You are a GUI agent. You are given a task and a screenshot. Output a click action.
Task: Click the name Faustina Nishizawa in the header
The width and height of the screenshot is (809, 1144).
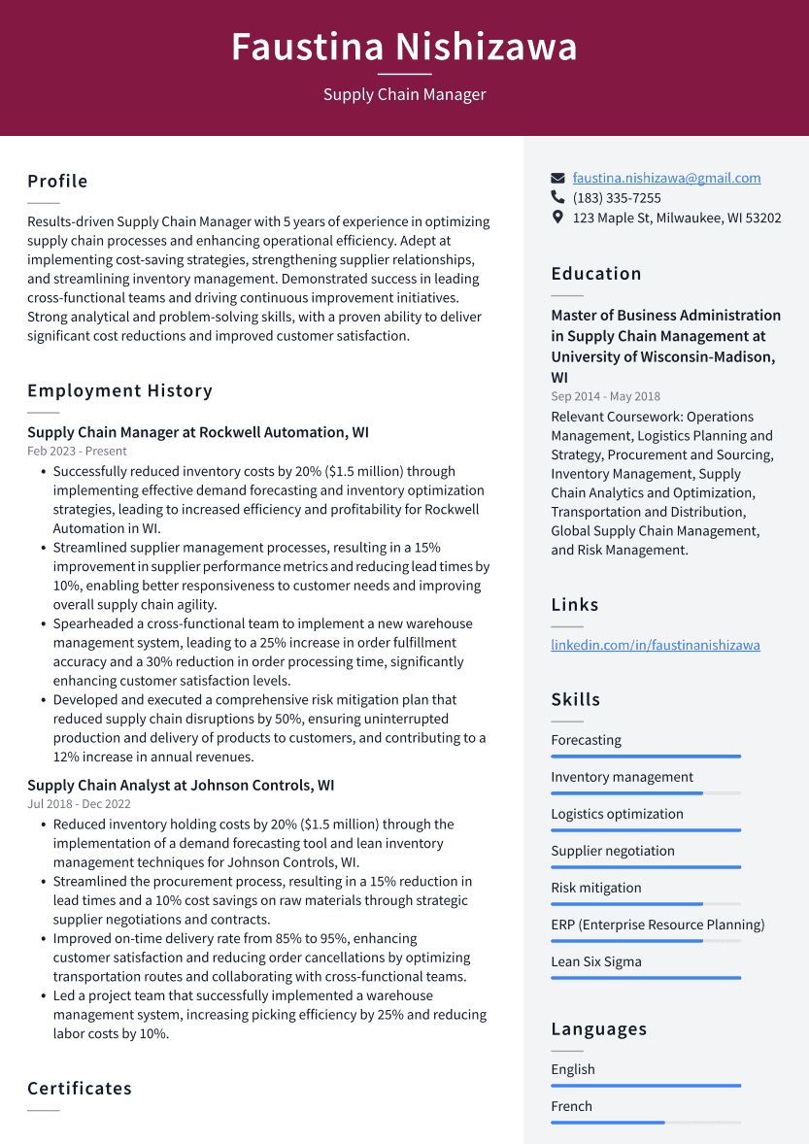[404, 47]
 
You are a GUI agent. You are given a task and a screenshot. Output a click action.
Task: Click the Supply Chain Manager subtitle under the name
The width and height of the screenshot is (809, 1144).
[404, 94]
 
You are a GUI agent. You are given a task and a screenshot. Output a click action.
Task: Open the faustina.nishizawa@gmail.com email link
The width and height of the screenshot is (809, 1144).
[666, 178]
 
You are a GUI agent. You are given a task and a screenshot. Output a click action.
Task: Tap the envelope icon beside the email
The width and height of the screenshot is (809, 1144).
[557, 178]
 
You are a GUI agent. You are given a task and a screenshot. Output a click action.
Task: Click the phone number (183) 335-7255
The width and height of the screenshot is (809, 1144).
[617, 198]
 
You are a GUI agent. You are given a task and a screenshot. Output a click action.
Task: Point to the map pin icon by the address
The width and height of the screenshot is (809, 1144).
[557, 218]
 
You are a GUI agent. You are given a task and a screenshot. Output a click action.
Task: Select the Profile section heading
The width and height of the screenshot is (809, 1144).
[57, 182]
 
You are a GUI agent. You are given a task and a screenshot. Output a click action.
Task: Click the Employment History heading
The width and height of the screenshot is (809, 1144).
[119, 391]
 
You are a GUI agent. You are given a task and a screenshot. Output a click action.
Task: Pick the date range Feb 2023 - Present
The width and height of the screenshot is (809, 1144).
[77, 451]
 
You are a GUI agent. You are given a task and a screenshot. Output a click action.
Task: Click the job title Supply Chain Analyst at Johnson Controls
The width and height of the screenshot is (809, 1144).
[181, 786]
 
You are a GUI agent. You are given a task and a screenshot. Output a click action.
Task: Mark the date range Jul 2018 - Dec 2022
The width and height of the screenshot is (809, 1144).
[79, 804]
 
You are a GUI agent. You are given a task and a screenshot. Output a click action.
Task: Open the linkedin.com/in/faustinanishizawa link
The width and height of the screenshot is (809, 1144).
[656, 645]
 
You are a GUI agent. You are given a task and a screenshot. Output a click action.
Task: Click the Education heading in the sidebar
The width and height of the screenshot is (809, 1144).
[596, 274]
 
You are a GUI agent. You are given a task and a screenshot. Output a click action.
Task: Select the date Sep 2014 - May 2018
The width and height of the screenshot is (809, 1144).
[605, 396]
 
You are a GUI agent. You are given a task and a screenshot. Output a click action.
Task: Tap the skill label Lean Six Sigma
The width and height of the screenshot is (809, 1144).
[596, 961]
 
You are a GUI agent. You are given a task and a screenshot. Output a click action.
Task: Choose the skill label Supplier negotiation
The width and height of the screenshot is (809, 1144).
[613, 851]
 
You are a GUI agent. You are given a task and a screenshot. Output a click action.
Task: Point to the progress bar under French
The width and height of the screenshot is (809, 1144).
[645, 1123]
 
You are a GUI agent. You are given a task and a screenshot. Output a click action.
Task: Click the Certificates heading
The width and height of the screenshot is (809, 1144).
[80, 1089]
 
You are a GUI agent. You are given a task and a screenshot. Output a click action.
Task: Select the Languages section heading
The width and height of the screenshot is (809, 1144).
[599, 1029]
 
